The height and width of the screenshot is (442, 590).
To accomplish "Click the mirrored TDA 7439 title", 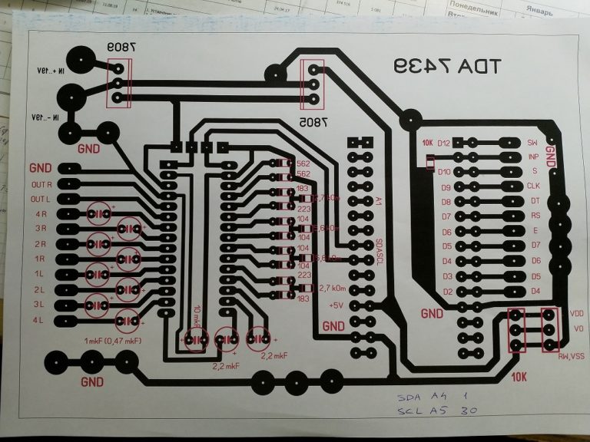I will [x=445, y=67].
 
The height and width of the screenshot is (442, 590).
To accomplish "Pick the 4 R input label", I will [x=41, y=214].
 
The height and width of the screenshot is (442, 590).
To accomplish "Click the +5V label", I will [x=336, y=305].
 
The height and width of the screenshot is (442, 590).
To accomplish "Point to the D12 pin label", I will [x=443, y=143].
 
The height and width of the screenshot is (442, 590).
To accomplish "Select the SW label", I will [x=532, y=143].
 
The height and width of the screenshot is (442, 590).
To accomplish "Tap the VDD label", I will [x=577, y=313].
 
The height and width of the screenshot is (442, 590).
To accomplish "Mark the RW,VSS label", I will [x=571, y=356].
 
